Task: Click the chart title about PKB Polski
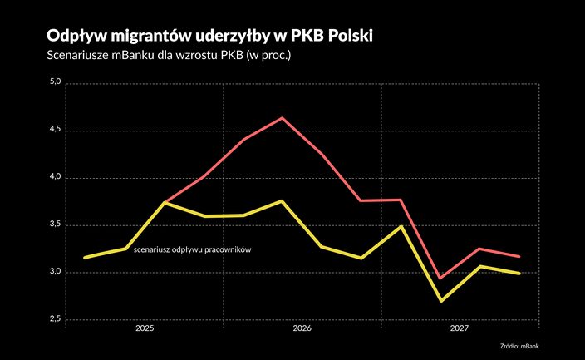(x=211, y=37)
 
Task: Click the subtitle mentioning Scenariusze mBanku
(x=171, y=57)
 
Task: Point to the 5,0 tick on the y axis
(x=57, y=83)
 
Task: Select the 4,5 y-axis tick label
(x=57, y=131)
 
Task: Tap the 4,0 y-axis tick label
(x=57, y=178)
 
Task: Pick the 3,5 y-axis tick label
(x=57, y=225)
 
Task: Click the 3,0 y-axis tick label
(x=57, y=272)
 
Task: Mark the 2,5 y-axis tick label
(x=57, y=319)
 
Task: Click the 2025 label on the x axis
(x=145, y=329)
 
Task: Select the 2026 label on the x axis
(x=302, y=329)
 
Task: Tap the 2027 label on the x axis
(x=459, y=329)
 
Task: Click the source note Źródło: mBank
(x=525, y=345)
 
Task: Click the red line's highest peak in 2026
(x=283, y=118)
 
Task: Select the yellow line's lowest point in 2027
(x=440, y=300)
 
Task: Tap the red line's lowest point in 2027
(x=440, y=278)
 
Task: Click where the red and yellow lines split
(x=165, y=202)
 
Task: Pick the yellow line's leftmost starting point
(x=85, y=258)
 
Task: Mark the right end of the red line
(x=519, y=256)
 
